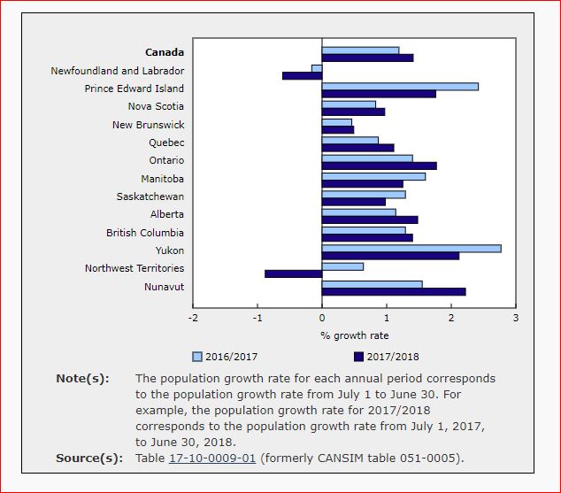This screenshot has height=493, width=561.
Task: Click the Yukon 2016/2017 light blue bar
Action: point(411,249)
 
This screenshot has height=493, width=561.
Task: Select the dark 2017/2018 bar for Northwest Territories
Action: point(293,273)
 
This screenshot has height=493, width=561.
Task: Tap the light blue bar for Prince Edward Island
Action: point(400,87)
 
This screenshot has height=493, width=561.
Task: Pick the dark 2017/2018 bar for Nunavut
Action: point(394,291)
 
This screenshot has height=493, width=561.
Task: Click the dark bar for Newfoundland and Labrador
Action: point(302,75)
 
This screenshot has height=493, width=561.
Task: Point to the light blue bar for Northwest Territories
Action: point(342,266)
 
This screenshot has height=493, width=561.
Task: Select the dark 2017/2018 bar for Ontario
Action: point(379,166)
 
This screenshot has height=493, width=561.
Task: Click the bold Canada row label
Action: point(165,52)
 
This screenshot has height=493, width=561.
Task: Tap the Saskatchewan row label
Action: point(150,196)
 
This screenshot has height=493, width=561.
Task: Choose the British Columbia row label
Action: point(145,233)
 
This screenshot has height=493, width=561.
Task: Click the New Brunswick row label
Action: point(148,125)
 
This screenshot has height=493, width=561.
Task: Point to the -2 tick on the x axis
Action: point(193,317)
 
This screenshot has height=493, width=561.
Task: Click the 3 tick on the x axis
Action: point(515,317)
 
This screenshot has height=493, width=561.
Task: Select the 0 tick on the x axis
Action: point(322,317)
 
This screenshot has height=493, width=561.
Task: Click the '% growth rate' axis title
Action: point(354,335)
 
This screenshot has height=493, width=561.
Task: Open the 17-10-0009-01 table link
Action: point(213,458)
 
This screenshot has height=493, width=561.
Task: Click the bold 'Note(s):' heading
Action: point(82,379)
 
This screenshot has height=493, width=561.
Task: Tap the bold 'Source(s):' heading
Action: point(88,458)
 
